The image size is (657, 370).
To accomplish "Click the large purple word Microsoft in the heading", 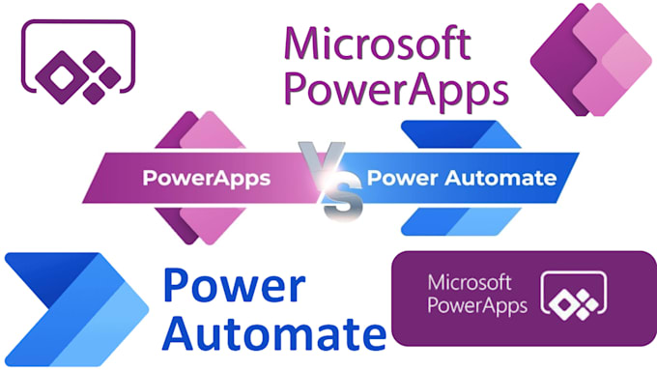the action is (378, 44).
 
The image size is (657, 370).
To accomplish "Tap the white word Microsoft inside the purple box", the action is (468, 285).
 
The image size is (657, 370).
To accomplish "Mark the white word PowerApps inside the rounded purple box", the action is (475, 307).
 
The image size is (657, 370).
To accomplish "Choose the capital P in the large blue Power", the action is (180, 288).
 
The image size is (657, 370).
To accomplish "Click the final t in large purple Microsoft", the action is (463, 44).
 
